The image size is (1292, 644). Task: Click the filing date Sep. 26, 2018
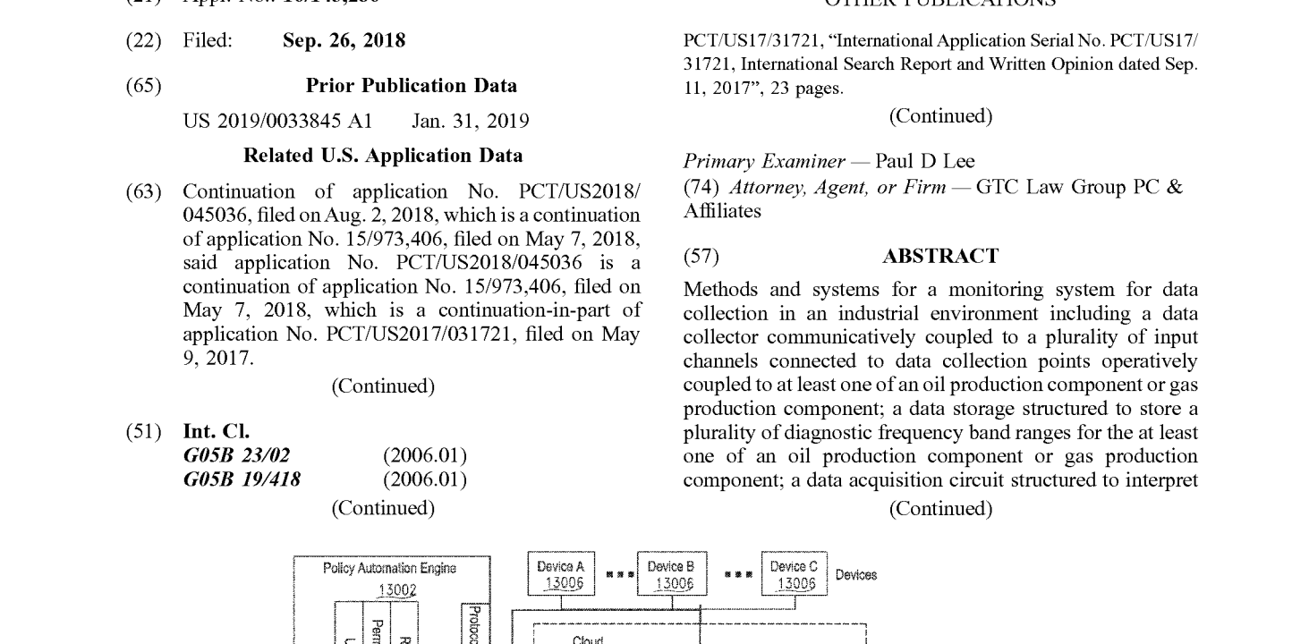tap(344, 41)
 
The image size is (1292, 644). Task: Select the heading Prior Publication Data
tap(411, 86)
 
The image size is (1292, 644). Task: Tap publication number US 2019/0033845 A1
tap(277, 121)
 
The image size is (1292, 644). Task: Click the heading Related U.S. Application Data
tap(383, 156)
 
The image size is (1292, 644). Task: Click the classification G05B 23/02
tap(236, 456)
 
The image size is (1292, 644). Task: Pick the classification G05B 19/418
tap(242, 480)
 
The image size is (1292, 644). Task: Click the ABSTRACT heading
tap(940, 257)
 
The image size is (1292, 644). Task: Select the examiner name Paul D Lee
tap(925, 162)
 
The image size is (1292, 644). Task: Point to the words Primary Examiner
tap(763, 162)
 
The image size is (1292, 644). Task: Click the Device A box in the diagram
tap(560, 574)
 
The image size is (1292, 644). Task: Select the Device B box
tap(671, 574)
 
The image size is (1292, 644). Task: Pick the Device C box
tap(795, 574)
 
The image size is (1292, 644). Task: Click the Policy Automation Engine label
tap(390, 568)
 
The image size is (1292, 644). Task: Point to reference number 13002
tap(393, 589)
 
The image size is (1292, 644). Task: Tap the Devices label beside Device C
tap(856, 575)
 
